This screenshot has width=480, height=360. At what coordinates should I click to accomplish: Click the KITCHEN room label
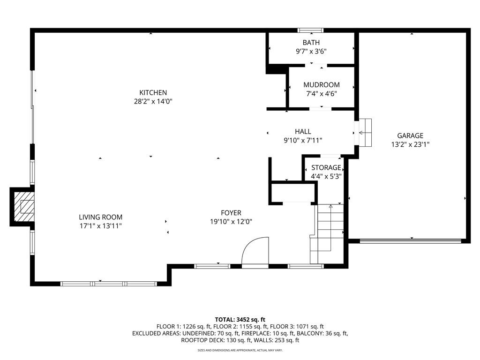click(153, 93)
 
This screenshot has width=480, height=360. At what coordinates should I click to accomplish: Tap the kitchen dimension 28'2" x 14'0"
click(153, 101)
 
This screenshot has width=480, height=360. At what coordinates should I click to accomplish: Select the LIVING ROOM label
click(100, 217)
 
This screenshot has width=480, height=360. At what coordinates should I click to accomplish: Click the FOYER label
click(232, 213)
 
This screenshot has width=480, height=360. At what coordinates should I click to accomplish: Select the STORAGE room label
click(326, 167)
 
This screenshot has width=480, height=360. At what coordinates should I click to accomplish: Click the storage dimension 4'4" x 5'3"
click(326, 177)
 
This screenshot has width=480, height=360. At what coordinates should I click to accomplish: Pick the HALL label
click(303, 132)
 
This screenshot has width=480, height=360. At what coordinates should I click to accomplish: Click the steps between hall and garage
click(365, 133)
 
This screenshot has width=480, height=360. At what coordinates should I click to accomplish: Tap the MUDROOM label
click(322, 85)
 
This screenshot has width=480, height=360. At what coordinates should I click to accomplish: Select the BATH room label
click(311, 43)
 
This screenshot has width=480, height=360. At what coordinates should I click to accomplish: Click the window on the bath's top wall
click(311, 30)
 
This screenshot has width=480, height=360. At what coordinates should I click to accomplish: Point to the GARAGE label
click(410, 136)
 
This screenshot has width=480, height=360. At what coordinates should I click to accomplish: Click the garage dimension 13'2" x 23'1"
click(410, 145)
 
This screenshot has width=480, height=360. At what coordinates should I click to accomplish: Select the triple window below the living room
click(109, 284)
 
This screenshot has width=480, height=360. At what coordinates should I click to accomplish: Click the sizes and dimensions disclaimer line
click(240, 350)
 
